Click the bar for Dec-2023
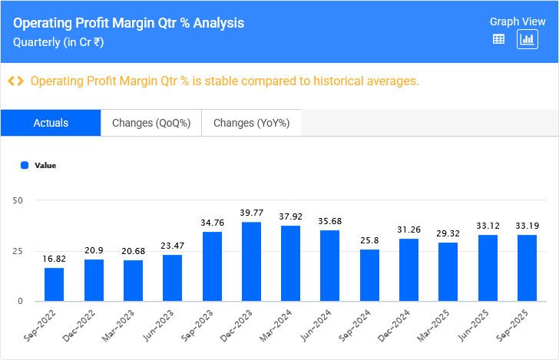click(251, 262)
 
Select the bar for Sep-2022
click(55, 284)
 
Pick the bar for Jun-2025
click(488, 268)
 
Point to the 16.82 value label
click(55, 259)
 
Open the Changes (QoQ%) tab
click(151, 123)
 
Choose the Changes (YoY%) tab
click(251, 123)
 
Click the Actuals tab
click(51, 123)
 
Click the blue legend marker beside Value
click(25, 165)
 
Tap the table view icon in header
click(498, 39)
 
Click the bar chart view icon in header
click(528, 39)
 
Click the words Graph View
click(518, 21)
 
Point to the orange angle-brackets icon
click(15, 81)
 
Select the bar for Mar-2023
click(133, 280)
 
